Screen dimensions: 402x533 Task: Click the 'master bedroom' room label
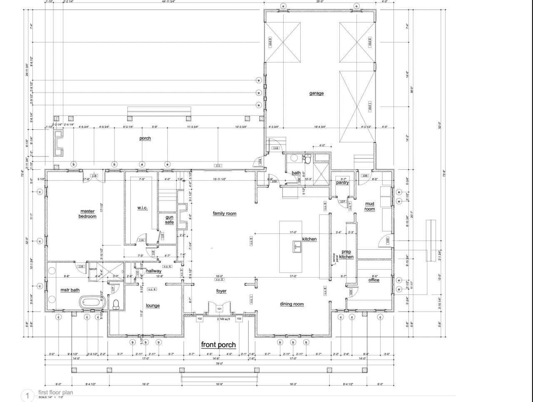(87, 214)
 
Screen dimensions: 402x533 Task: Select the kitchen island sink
(298, 247)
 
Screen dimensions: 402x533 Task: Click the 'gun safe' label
(169, 219)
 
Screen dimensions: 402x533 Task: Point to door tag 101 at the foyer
(219, 309)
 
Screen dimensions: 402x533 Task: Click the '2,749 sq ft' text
(224, 319)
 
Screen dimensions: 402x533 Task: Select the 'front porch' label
(218, 345)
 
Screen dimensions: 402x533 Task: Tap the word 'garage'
(316, 93)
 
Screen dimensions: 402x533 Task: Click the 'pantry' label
(342, 182)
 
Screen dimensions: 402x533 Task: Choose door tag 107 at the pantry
(342, 202)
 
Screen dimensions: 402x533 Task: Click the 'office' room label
(374, 280)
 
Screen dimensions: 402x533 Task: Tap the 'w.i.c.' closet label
(142, 208)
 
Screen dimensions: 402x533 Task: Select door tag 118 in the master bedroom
(94, 176)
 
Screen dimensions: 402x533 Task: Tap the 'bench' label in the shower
(93, 269)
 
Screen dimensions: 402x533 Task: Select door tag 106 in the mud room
(365, 176)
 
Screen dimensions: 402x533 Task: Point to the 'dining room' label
(291, 304)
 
